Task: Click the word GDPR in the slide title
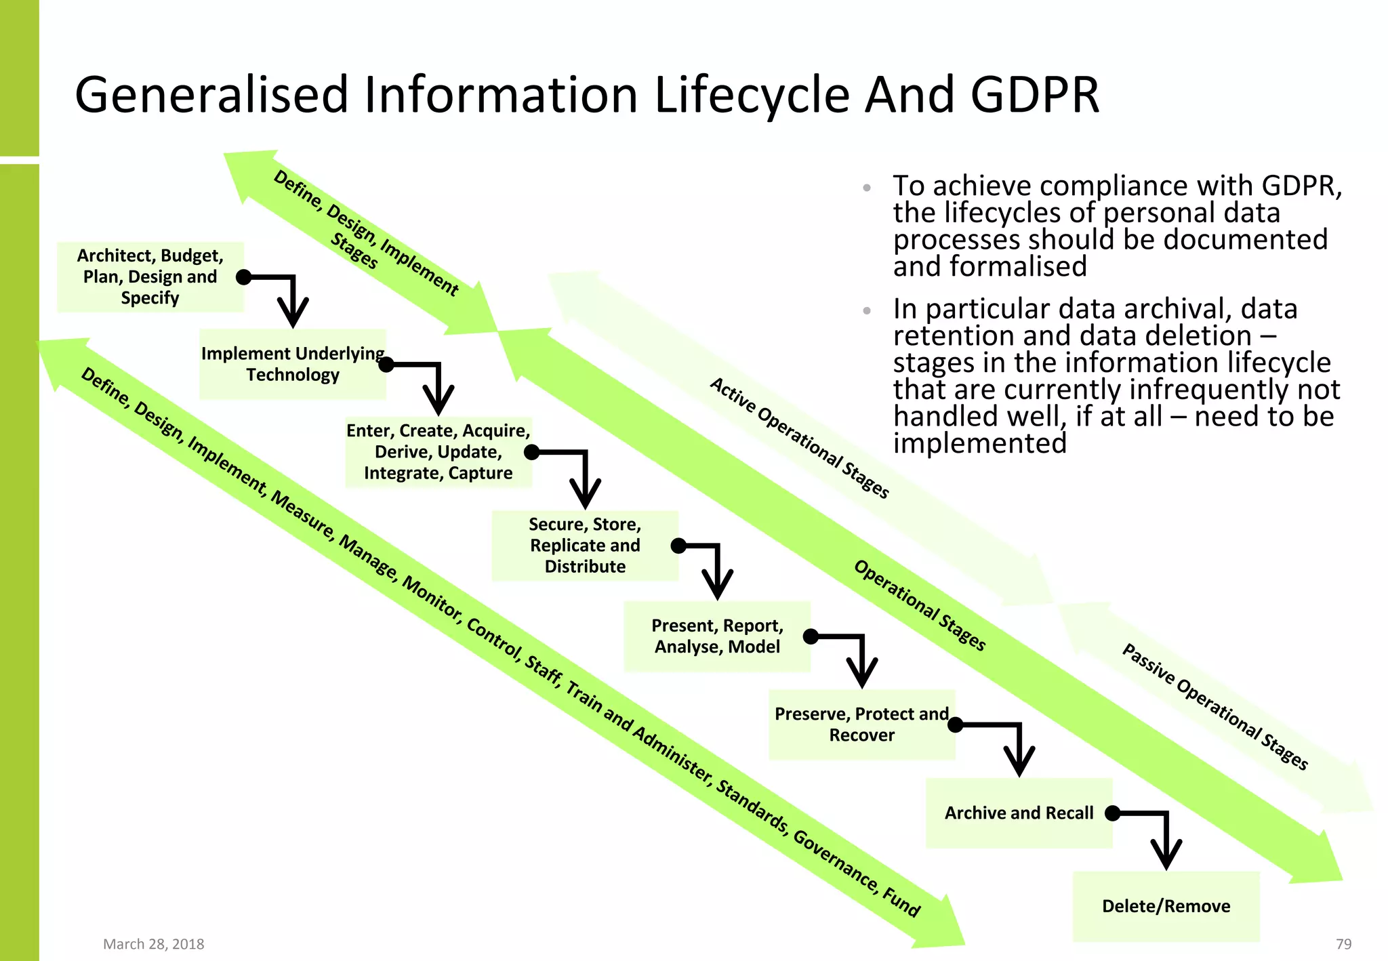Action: [x=1034, y=95]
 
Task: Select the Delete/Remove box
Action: [x=1166, y=906]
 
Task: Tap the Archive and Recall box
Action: [x=1019, y=813]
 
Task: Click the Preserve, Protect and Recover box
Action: [x=861, y=724]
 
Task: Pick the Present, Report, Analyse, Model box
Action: [x=716, y=636]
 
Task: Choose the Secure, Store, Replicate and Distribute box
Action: [x=584, y=546]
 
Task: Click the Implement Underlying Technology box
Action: [x=292, y=364]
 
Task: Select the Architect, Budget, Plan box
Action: [x=150, y=277]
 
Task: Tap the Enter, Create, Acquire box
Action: [x=438, y=452]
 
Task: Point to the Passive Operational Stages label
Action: [x=1214, y=706]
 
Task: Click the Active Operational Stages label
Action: [x=799, y=438]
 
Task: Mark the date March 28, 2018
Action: [x=153, y=944]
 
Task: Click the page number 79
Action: [x=1343, y=944]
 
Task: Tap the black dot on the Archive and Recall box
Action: [x=1112, y=813]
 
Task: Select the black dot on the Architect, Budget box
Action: [x=244, y=277]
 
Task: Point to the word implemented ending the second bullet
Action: [x=979, y=443]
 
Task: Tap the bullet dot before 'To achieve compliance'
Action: [x=867, y=188]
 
